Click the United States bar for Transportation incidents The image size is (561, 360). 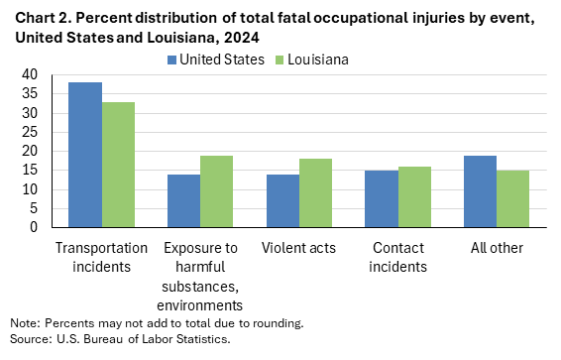tap(85, 155)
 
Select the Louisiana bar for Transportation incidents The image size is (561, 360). tap(118, 165)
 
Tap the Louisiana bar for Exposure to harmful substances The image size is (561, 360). tap(217, 191)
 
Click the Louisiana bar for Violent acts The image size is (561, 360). tap(315, 193)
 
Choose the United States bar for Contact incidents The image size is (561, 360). tap(382, 198)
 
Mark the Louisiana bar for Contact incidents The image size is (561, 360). tap(414, 196)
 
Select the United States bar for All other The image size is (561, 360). tap(480, 191)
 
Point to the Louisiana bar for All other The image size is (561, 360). tap(512, 198)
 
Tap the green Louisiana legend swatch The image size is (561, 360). tap(281, 60)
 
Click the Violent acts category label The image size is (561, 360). tap(298, 247)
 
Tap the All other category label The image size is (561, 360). tap(497, 247)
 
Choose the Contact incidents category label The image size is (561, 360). tap(397, 256)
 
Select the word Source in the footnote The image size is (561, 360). tap(29, 338)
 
